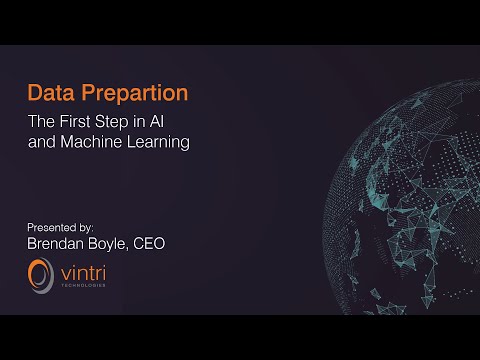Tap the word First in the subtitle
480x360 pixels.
click(x=88, y=122)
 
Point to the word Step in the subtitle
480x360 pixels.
click(x=129, y=122)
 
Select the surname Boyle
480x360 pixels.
click(x=116, y=242)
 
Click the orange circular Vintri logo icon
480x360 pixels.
click(x=41, y=273)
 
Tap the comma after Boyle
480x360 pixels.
click(x=137, y=247)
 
